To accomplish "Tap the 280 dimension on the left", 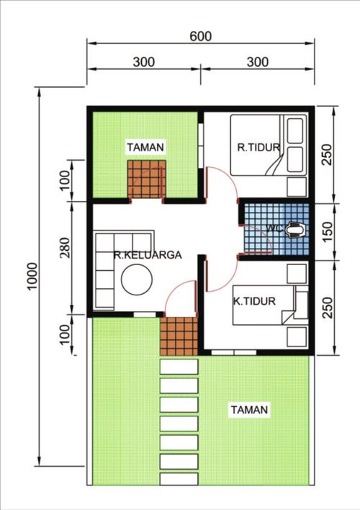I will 64,258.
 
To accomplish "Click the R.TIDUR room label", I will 253,148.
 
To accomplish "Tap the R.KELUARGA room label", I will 146,254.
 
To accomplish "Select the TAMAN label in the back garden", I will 145,148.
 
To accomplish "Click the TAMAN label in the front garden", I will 249,410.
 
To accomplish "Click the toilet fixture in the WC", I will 294,230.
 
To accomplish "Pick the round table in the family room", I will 135,280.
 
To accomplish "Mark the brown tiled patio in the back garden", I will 147,179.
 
